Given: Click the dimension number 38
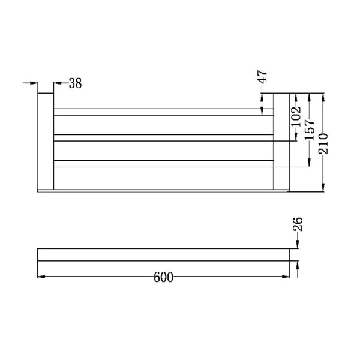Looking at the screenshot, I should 75,84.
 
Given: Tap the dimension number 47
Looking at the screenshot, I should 263,77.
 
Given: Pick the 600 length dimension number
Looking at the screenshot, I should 163,277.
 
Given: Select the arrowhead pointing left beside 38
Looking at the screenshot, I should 58,84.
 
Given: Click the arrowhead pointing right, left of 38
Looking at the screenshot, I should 35,84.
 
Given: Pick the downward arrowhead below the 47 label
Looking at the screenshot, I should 263,110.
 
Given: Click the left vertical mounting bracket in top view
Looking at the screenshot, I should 46,142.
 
